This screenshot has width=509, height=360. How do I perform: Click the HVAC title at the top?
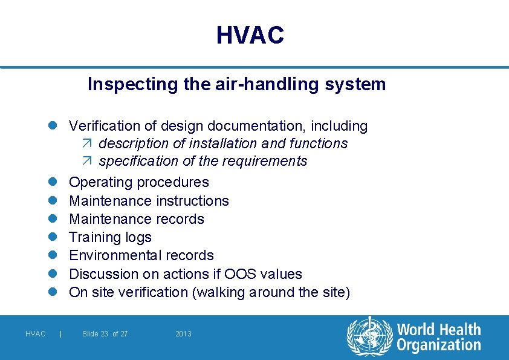tap(250, 35)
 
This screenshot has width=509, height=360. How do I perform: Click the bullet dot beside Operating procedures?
tap(53, 182)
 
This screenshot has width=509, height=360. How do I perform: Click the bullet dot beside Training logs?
tap(53, 237)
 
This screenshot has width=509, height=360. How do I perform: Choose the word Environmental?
tap(111, 255)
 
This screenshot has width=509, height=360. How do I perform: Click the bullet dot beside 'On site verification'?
tap(53, 292)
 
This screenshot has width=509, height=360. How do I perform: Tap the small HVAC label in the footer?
tap(35, 334)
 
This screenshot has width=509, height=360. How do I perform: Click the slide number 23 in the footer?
tap(105, 334)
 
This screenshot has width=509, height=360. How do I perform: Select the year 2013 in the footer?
tap(183, 334)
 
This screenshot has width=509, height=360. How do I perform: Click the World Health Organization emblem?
tap(370, 337)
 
